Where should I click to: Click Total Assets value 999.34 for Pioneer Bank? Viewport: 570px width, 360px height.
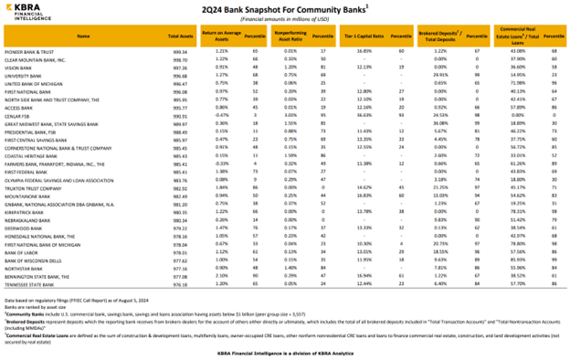coord(180,51)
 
